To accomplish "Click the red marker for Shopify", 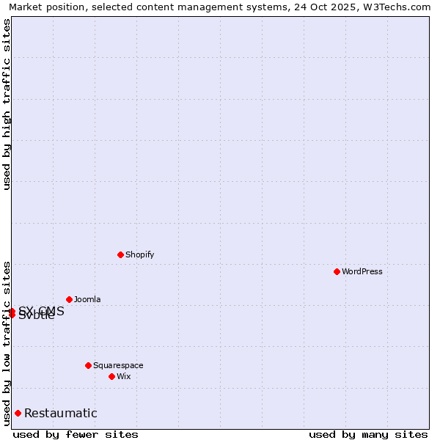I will (120, 254).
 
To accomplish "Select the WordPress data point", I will (337, 271).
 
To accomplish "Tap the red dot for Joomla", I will (69, 299).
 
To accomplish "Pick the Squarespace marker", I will (88, 365).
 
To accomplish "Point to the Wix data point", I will (111, 376).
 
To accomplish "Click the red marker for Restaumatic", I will (18, 413).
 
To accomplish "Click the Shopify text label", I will (139, 254).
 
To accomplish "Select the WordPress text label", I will (362, 271).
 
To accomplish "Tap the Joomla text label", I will (87, 299).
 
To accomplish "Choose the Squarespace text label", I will (118, 365).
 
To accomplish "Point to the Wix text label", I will (123, 376).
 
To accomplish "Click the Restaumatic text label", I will (61, 414).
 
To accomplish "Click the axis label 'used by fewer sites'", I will (76, 434).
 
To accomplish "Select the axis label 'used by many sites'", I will (368, 434).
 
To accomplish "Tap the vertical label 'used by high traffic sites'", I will (7, 104).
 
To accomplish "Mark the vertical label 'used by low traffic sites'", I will (7, 342).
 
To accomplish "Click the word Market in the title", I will (26, 7).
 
